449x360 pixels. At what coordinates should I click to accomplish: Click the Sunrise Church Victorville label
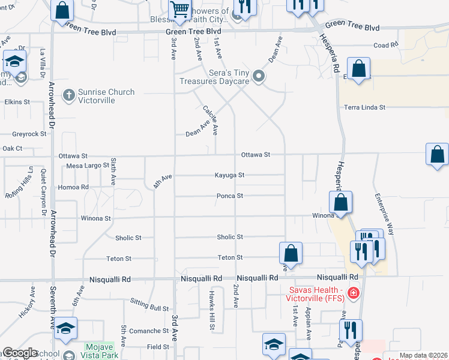106,96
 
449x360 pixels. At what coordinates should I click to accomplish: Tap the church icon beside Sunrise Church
69,94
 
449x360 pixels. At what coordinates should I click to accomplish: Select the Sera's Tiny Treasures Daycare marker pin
259,76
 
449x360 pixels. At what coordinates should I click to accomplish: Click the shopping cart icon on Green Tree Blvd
179,10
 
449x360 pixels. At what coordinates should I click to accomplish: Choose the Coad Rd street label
385,45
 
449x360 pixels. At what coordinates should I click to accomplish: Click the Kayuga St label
230,175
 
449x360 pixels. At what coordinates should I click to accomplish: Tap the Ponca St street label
230,196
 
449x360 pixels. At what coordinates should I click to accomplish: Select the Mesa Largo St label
88,165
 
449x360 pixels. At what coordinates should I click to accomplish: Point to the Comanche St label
149,331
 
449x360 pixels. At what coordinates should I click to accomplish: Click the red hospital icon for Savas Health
354,293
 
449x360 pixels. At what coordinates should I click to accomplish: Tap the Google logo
20,353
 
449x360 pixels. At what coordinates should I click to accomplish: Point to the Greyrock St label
29,134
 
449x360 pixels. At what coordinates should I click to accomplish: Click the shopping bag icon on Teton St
291,254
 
